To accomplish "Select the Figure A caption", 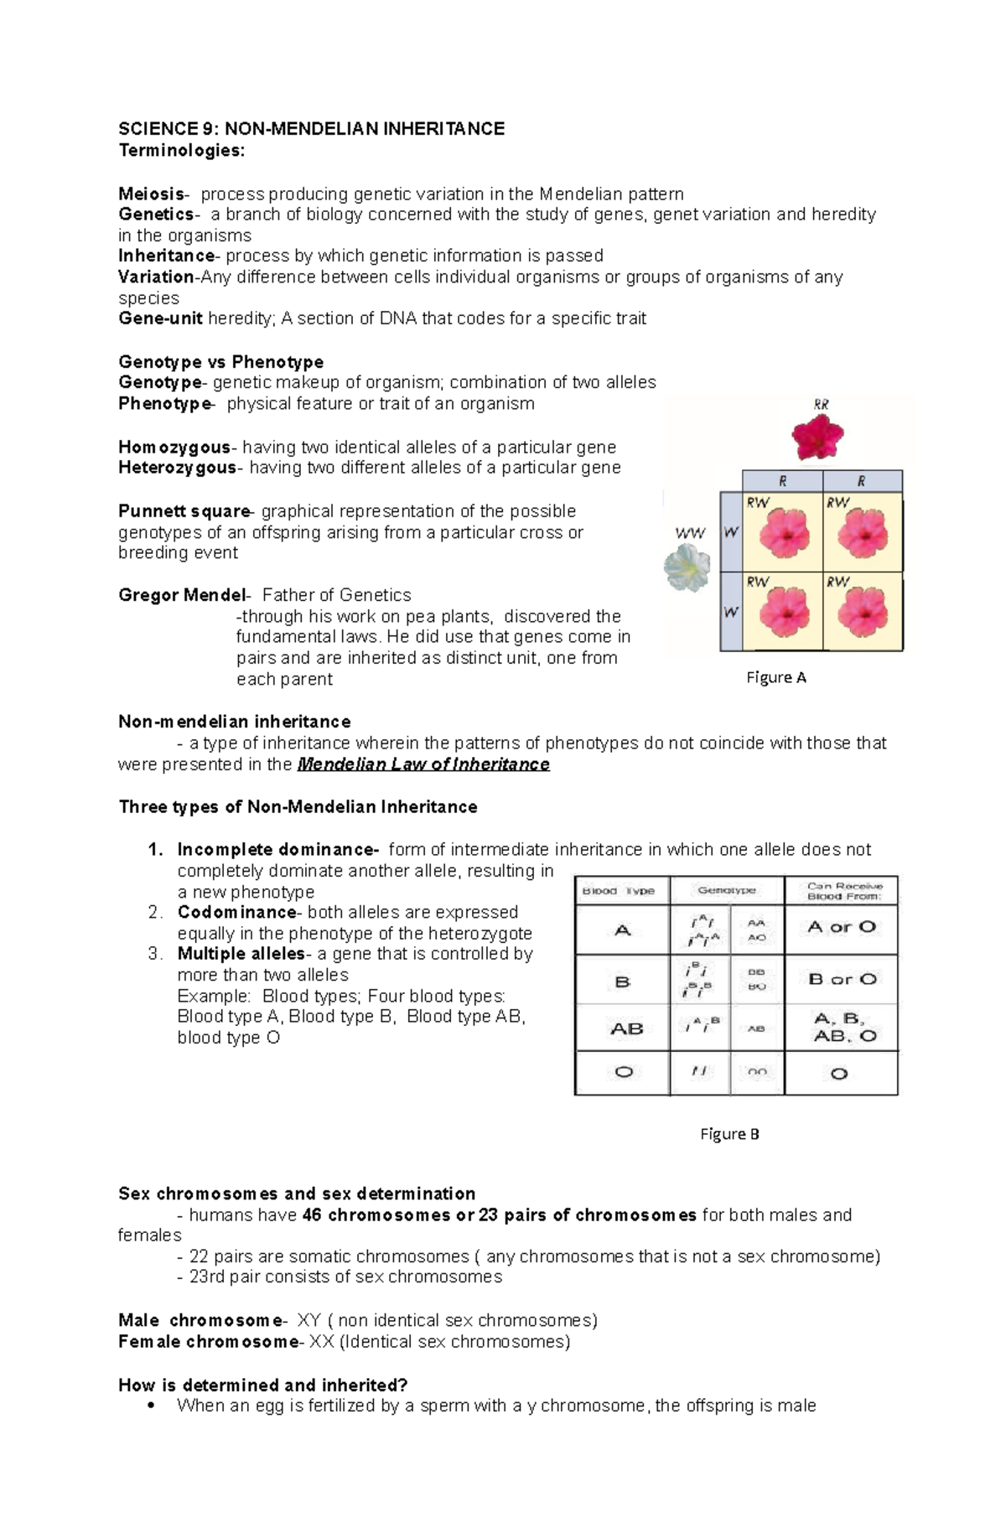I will coord(775,677).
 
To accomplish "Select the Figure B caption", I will coord(729,1134).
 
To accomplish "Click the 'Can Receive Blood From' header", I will coord(843,891).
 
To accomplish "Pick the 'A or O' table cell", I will coord(841,927).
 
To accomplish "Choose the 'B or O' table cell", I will coord(842,979).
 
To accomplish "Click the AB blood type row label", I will coord(626,1028).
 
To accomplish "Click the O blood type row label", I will coord(623,1072).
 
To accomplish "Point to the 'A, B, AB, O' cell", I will coord(844,1028).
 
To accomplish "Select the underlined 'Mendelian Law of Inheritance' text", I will coord(423,764).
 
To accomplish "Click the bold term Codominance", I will coord(236,912).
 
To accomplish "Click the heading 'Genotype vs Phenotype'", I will coord(220,362).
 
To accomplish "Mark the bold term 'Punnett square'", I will coord(184,511).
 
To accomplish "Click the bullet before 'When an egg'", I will coord(150,1406).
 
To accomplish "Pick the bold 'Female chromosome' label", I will coord(208,1342).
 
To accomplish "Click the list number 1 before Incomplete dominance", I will coord(155,850).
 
